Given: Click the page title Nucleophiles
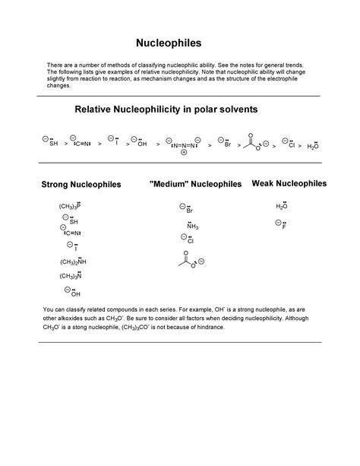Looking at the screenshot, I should pyautogui.click(x=179, y=45).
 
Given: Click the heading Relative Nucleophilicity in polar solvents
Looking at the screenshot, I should pyautogui.click(x=166, y=109).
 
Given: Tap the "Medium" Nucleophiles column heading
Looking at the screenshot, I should pyautogui.click(x=196, y=184).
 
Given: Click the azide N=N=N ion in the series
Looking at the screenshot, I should pyautogui.click(x=185, y=143).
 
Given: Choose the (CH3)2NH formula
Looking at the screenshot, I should pyautogui.click(x=72, y=262).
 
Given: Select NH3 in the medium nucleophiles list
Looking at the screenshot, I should pyautogui.click(x=191, y=226).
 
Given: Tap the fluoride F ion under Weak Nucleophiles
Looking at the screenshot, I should pyautogui.click(x=281, y=225).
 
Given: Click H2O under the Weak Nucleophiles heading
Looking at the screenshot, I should pyautogui.click(x=281, y=206).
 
